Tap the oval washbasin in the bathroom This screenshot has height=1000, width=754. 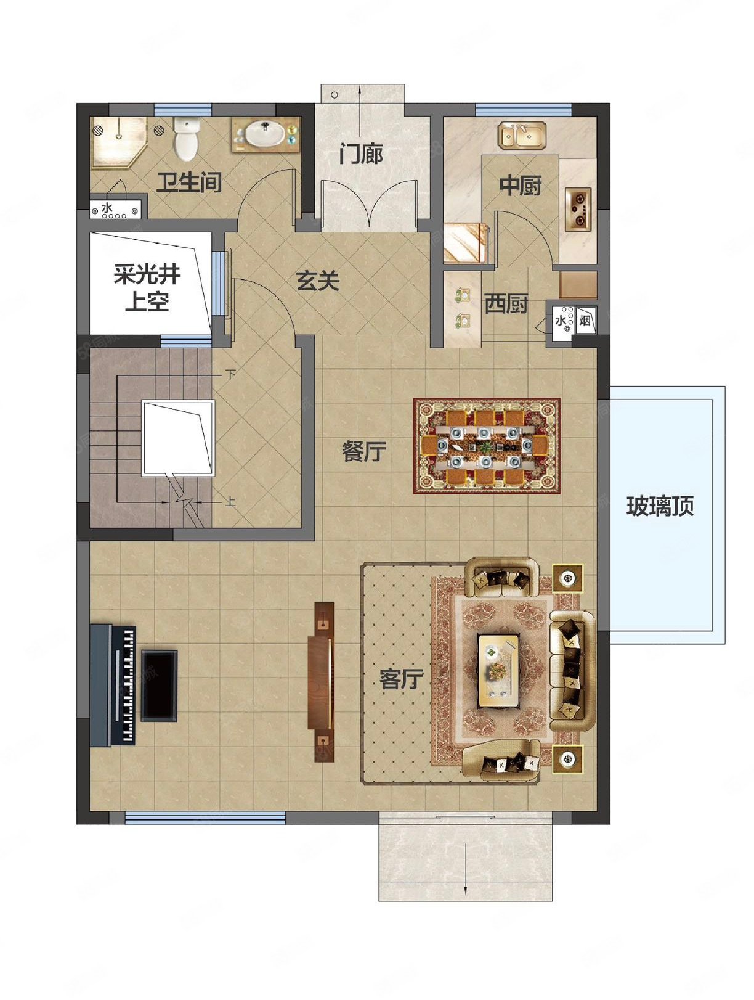click(x=266, y=134)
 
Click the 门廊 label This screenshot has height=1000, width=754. click(x=361, y=154)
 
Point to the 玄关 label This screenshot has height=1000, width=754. click(x=318, y=281)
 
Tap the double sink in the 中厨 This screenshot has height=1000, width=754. click(x=522, y=136)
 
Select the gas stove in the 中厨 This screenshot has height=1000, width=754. click(x=578, y=208)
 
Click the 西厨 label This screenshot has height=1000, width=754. click(x=506, y=303)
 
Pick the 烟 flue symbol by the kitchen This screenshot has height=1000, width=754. click(x=585, y=321)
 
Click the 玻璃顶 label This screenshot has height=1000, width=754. click(x=660, y=506)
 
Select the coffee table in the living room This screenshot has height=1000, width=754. click(x=498, y=670)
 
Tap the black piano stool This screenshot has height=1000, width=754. click(x=160, y=684)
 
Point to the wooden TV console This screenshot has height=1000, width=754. click(x=322, y=681)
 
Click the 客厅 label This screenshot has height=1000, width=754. click(x=401, y=679)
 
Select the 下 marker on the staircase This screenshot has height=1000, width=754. click(x=230, y=374)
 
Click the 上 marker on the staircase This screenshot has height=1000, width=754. click(x=230, y=501)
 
